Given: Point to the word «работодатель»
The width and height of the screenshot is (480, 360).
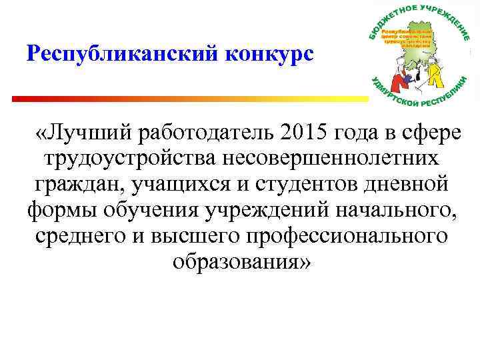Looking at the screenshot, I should (x=207, y=133).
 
